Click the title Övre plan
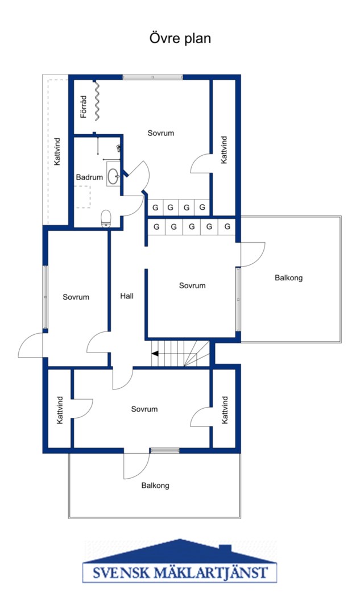(180, 39)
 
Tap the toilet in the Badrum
(106, 218)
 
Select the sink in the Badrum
(114, 175)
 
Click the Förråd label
(83, 106)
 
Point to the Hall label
(127, 296)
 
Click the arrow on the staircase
(155, 354)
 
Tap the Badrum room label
(89, 177)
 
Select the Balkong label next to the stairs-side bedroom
(289, 278)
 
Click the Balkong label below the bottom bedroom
(155, 486)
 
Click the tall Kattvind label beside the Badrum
(57, 151)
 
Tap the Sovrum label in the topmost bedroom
(160, 133)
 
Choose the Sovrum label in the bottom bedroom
(144, 409)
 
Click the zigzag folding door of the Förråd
(96, 100)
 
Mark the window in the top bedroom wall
(153, 77)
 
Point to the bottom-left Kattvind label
(60, 410)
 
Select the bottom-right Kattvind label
(225, 410)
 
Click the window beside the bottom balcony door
(164, 451)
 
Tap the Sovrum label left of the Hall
(76, 297)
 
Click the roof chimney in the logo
(225, 547)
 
